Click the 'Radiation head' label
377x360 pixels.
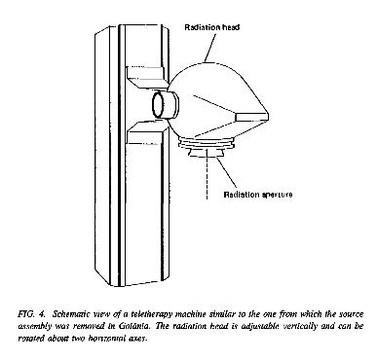coord(212,27)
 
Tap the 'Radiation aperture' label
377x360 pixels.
coord(258,195)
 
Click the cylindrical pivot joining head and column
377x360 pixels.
coord(166,104)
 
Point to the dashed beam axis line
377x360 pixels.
coord(207,174)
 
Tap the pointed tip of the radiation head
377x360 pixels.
coord(268,115)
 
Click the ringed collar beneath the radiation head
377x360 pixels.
coord(207,145)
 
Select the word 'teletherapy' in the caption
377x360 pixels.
coord(153,314)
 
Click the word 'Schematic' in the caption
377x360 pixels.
coord(69,314)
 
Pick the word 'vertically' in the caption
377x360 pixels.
coord(298,326)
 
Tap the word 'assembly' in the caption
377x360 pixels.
coord(33,326)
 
